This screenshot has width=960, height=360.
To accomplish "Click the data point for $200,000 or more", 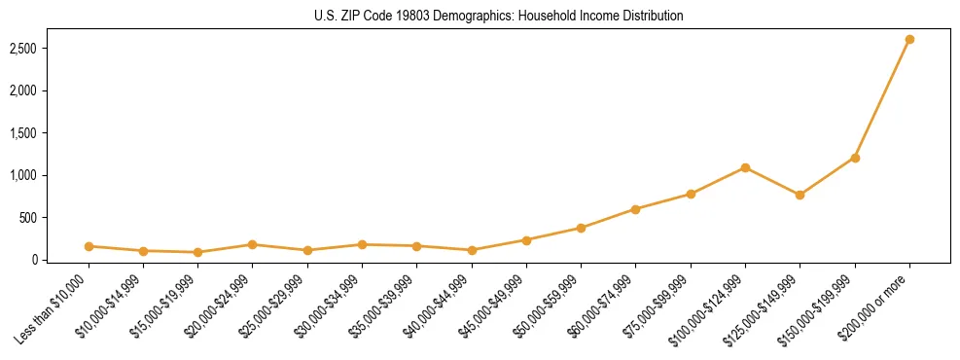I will (x=909, y=40).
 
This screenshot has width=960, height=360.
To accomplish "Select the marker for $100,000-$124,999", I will (x=745, y=168).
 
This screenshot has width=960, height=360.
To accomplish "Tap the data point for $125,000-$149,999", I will (x=800, y=195).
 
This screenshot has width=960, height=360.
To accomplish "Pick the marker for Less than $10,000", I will (x=89, y=246).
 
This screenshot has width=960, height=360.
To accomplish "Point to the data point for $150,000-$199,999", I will (x=855, y=158).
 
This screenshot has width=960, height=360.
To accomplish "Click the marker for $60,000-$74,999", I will (x=635, y=209).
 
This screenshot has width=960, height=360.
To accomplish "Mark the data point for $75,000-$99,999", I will (x=691, y=194).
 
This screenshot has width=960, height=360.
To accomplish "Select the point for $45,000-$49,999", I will (x=526, y=239).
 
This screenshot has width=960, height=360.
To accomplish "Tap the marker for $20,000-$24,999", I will (x=253, y=244).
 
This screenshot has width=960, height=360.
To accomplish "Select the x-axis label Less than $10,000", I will (x=56, y=307).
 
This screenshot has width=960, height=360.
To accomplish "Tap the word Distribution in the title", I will (x=650, y=17).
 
